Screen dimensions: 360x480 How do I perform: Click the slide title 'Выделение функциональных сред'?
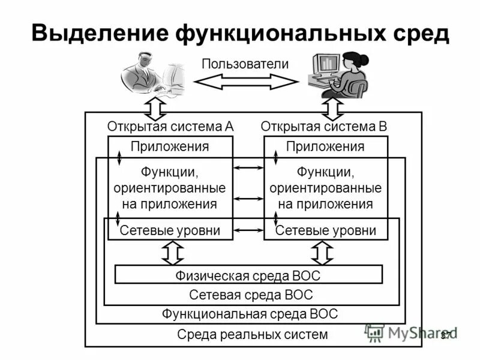pos(240,33)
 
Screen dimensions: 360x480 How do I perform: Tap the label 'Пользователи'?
pos(245,64)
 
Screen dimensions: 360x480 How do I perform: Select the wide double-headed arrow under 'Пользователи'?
pos(246,82)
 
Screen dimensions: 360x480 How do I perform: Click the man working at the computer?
pos(152,74)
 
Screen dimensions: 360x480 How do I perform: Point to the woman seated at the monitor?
pos(338,74)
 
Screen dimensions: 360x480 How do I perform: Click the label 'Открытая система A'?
pos(170,127)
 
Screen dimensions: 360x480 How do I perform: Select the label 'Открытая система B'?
pos(324,127)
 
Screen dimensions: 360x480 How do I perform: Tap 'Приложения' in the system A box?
pos(170,146)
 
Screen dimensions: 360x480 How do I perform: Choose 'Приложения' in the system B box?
pos(325,146)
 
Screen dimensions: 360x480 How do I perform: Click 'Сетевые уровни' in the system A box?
pos(170,230)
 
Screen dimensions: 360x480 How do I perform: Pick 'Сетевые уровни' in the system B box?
pos(325,230)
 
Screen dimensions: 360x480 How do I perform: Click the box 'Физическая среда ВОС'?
pos(248,275)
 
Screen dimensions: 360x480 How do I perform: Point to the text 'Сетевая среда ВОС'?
pos(251,295)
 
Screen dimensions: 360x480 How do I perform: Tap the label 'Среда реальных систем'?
pos(253,335)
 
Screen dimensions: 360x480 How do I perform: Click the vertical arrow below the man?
pos(156,110)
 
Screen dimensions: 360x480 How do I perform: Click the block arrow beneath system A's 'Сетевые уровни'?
pos(172,253)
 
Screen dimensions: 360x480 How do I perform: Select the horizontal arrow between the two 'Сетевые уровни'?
pos(248,230)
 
